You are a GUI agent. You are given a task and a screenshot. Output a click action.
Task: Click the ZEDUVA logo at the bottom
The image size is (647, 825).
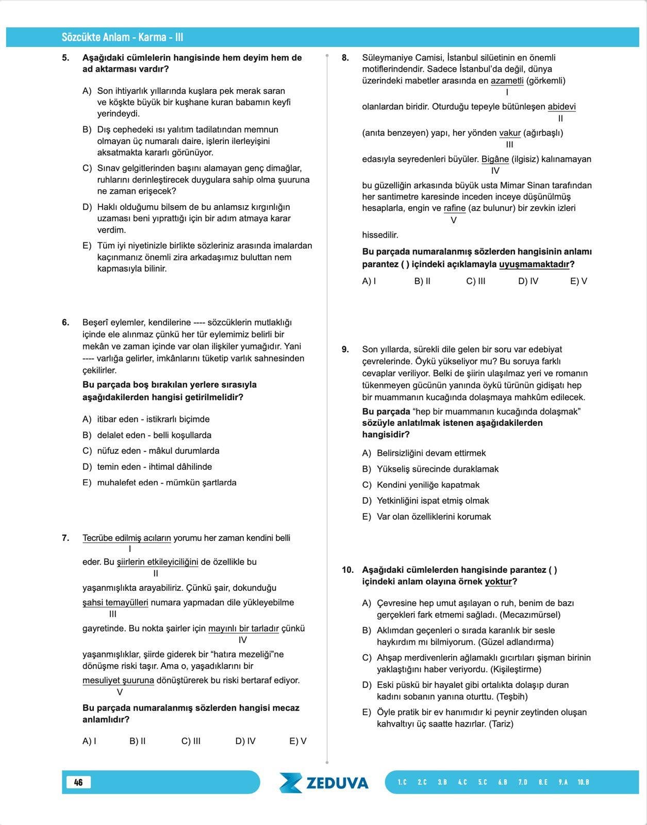324,782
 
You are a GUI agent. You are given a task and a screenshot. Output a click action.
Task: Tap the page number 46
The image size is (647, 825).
78,782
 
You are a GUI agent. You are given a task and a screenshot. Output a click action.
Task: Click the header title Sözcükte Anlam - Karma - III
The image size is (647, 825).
122,37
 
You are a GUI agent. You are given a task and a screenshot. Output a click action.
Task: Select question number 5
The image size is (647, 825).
65,58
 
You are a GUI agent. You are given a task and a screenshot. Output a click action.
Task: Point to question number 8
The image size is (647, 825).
345,58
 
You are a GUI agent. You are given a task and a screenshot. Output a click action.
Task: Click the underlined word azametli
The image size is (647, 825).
507,81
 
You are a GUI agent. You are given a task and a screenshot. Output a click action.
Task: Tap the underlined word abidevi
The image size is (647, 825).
561,107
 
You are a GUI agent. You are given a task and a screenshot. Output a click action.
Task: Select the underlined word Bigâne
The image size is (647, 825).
495,159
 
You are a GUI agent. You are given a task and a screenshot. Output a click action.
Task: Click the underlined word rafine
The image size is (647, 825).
454,208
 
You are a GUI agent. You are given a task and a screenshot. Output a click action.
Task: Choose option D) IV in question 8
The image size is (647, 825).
528,282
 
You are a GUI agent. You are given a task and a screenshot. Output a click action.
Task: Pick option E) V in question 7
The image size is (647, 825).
298,741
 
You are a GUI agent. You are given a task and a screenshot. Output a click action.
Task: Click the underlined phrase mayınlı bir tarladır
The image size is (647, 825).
243,629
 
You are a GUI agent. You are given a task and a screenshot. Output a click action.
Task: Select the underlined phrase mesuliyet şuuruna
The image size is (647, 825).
118,681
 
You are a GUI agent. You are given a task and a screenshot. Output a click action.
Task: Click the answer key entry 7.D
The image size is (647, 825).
523,782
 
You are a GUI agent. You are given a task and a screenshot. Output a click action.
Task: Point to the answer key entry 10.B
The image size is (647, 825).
583,782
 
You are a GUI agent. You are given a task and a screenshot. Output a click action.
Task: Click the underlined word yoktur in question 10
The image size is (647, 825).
499,582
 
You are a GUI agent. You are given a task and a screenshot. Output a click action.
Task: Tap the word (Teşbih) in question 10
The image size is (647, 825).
512,697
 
